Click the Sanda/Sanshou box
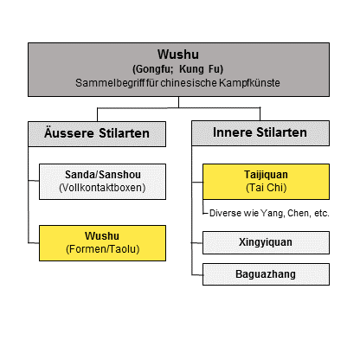[102, 182]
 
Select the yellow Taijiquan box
[266, 182]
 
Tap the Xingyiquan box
[266, 242]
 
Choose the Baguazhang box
[266, 274]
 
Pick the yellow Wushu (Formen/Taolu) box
[102, 243]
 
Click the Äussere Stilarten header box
[97, 134]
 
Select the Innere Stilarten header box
[260, 133]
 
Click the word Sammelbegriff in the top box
[110, 83]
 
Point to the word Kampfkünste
[249, 83]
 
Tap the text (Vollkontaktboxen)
[102, 188]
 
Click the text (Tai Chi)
[267, 188]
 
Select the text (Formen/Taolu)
[103, 249]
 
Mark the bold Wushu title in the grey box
[178, 55]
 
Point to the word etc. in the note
[321, 213]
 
